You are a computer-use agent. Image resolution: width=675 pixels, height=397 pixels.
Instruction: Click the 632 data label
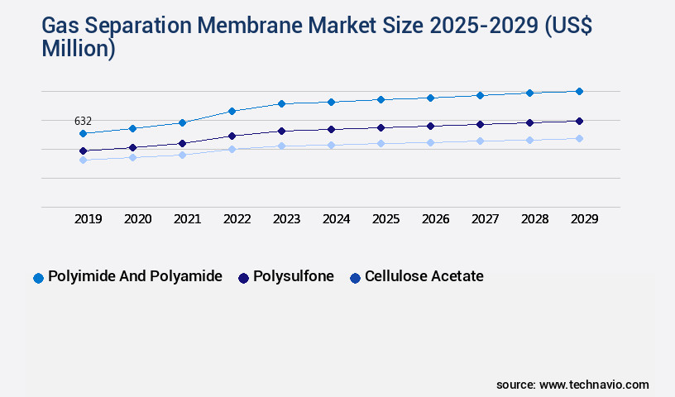click(x=83, y=121)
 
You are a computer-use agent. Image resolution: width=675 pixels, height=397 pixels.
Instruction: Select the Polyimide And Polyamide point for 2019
click(x=83, y=133)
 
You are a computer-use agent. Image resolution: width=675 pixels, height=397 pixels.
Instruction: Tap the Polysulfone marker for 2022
click(x=232, y=136)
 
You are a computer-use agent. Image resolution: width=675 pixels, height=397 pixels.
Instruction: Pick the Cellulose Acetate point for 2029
click(x=579, y=138)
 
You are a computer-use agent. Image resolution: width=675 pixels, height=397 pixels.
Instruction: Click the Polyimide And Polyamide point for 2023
click(x=281, y=103)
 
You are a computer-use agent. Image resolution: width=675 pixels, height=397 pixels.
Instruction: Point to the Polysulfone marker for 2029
click(x=579, y=121)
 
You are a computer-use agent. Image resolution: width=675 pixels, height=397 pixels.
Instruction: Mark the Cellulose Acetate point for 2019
click(x=83, y=160)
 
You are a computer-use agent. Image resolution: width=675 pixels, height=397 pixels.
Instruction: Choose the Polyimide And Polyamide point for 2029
click(x=579, y=91)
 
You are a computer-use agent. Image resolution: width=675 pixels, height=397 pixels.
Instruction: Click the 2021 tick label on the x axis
click(x=187, y=219)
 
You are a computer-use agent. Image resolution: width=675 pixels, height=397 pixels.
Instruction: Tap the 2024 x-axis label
click(x=336, y=219)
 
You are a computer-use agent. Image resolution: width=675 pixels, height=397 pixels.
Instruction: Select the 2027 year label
click(x=485, y=219)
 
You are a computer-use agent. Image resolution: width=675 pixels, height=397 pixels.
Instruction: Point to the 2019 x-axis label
click(x=88, y=219)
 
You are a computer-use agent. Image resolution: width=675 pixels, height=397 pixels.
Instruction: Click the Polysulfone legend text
click(x=294, y=277)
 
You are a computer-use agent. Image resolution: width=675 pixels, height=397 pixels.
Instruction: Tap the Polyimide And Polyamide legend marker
click(x=38, y=278)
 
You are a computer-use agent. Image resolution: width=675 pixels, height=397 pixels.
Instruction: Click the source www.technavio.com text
click(x=572, y=385)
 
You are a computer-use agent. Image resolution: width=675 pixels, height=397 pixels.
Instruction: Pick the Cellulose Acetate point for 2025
click(x=381, y=143)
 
